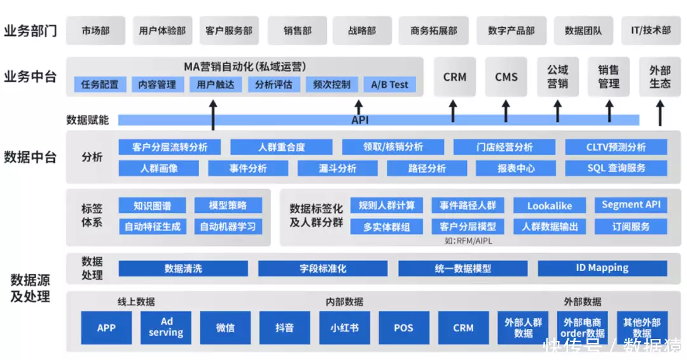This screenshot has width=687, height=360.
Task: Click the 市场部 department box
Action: (x=95, y=31)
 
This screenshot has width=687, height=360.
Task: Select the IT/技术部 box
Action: (x=650, y=31)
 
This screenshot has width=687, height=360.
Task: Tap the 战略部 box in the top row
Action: (x=361, y=31)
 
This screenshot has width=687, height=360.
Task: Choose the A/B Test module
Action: (x=389, y=85)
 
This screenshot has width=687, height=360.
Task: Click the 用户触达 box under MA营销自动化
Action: (x=215, y=85)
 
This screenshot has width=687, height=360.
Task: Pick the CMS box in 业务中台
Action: (x=506, y=77)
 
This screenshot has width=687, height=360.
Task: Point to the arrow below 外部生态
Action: (x=660, y=115)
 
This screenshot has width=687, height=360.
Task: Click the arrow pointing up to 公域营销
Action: (x=557, y=111)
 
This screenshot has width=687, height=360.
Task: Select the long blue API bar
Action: (x=378, y=120)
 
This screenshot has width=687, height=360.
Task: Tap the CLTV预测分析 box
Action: (x=616, y=147)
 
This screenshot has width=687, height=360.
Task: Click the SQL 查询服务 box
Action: (x=616, y=169)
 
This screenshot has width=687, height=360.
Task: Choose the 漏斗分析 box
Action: (x=337, y=169)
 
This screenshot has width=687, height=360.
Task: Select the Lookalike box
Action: (x=550, y=205)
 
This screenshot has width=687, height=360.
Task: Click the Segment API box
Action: (x=631, y=205)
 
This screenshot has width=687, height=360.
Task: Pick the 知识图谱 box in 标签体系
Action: (x=152, y=205)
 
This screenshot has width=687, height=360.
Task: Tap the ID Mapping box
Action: (x=602, y=268)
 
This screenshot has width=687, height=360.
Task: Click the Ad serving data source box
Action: (x=166, y=327)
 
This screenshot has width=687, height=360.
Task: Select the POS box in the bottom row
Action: (x=403, y=328)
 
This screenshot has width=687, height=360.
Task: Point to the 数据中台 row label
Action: (x=30, y=157)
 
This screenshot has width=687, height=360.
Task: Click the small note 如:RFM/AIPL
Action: (x=468, y=241)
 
